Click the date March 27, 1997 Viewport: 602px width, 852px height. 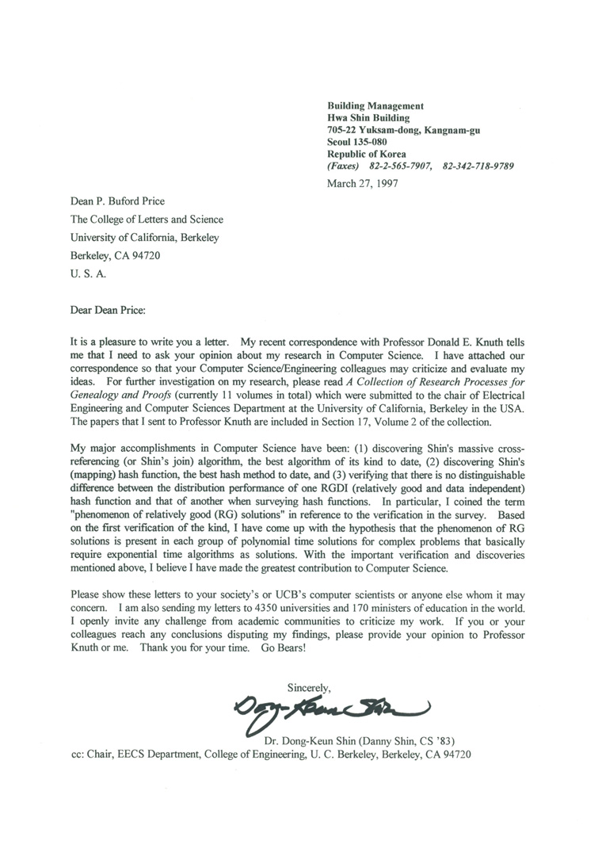362,183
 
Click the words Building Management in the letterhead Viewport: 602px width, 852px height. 375,105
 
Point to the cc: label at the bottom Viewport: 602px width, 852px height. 78,755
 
